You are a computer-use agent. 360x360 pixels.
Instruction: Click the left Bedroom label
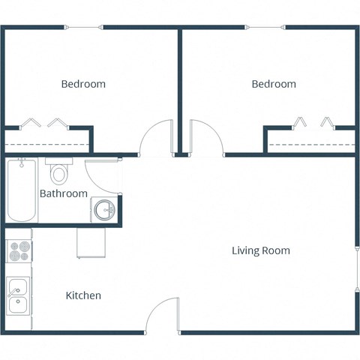[83, 84]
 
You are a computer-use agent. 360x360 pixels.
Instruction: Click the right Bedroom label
[274, 84]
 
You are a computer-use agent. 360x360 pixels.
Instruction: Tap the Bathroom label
[64, 193]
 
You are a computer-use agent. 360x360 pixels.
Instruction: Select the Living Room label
[260, 250]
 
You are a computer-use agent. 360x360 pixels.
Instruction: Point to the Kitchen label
[83, 295]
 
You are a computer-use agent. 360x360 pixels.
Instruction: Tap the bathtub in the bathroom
[21, 190]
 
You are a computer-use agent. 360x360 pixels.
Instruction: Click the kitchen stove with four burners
[19, 250]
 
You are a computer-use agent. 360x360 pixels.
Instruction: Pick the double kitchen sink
[18, 296]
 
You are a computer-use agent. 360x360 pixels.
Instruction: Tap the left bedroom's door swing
[156, 138]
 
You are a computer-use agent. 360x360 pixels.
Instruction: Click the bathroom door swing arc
[100, 177]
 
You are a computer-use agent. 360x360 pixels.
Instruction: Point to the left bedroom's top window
[83, 28]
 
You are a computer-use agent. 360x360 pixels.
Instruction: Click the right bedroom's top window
[266, 28]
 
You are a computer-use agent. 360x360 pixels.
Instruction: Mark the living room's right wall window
[355, 266]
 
